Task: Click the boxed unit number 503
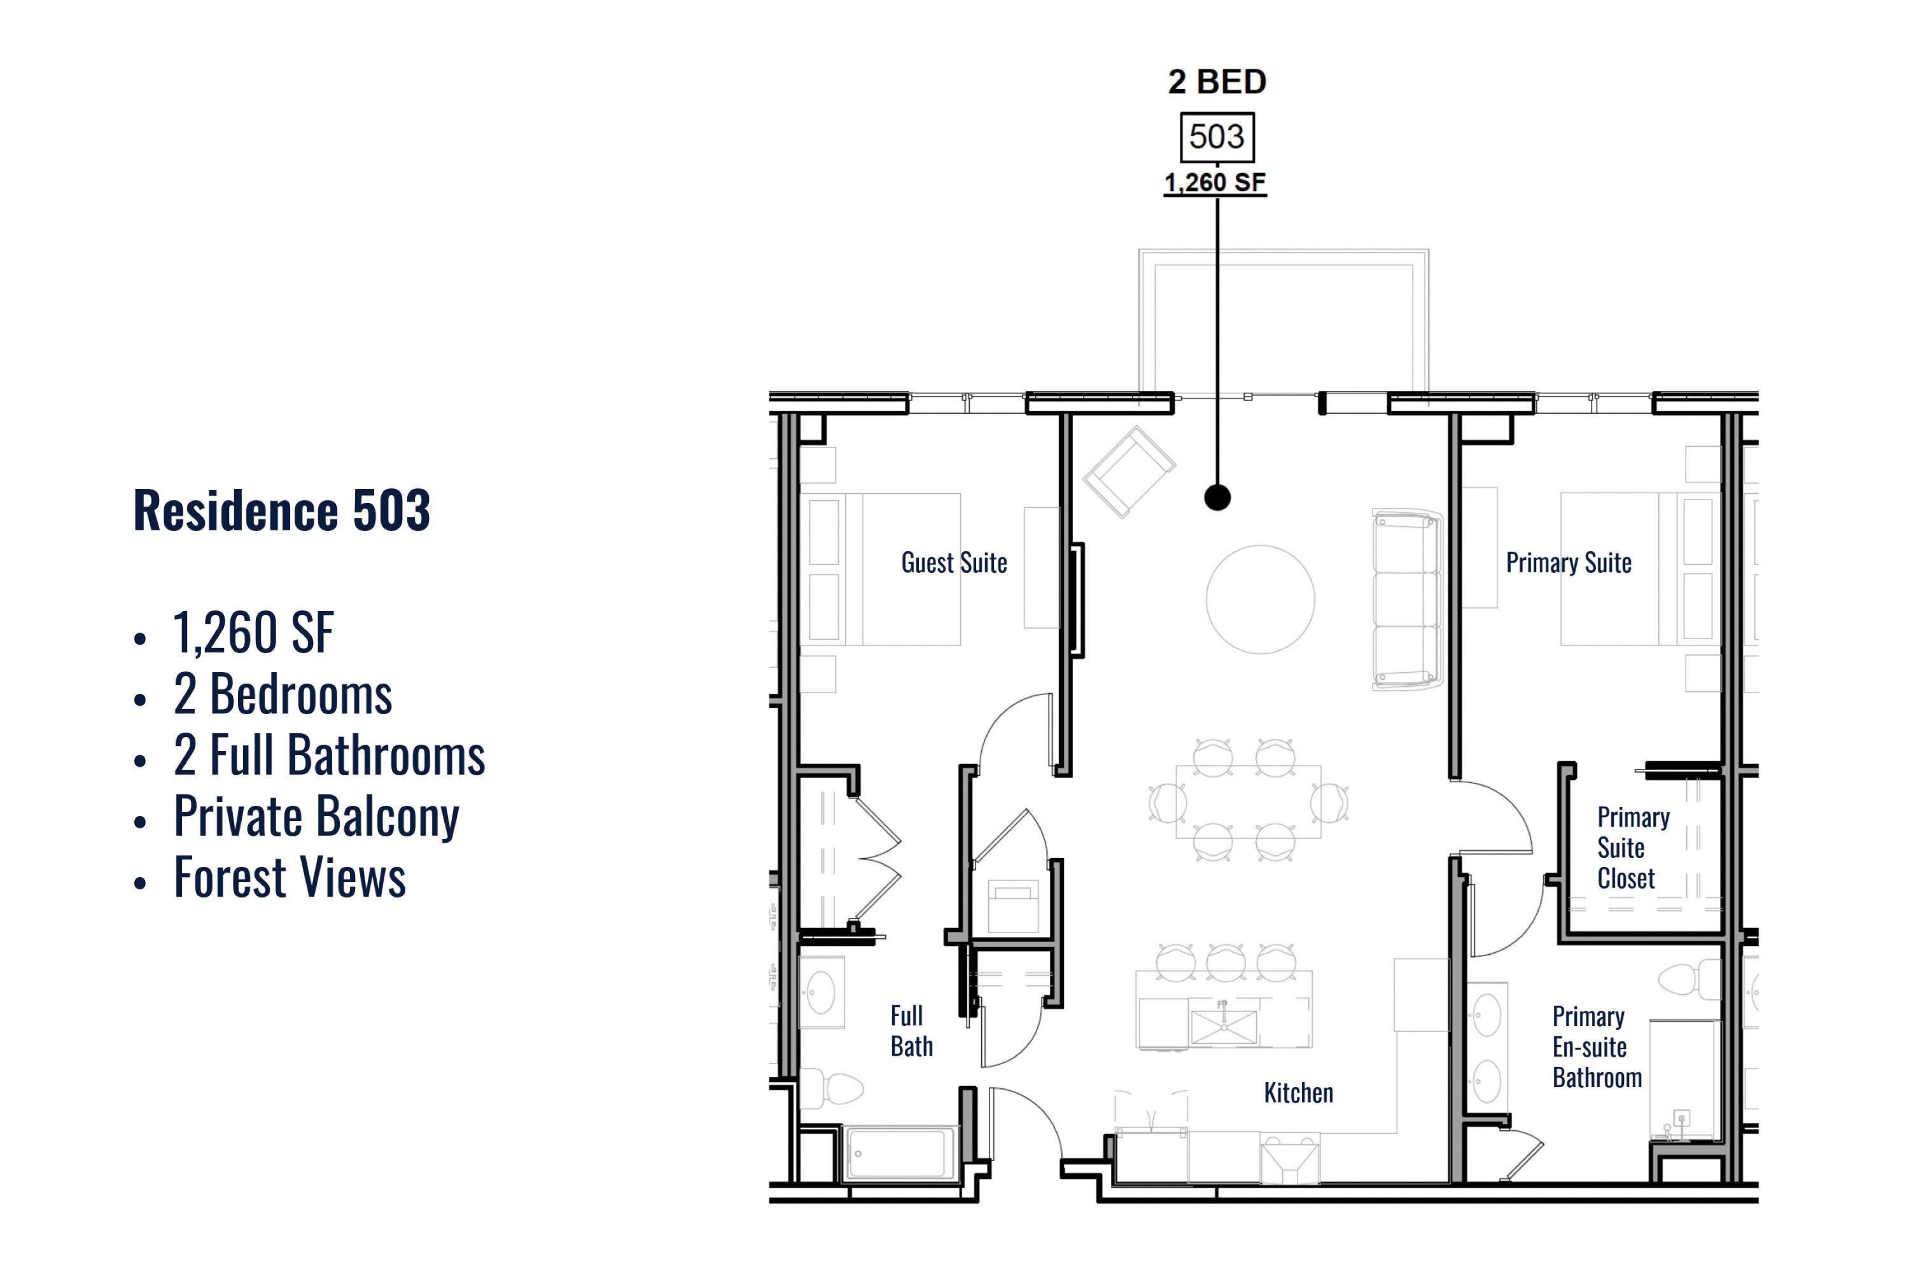(x=1216, y=136)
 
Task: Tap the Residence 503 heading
(x=282, y=510)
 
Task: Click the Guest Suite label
(x=954, y=563)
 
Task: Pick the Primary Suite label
(x=1568, y=563)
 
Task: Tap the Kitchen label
(x=1298, y=1093)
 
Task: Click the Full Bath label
(x=911, y=1031)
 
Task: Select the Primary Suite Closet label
(x=1633, y=848)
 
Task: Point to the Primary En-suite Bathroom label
(x=1597, y=1047)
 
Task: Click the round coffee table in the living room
(x=1260, y=599)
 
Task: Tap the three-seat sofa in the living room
(x=1406, y=599)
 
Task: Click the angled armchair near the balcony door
(x=1128, y=472)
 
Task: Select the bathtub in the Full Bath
(x=901, y=1153)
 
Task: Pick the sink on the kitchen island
(x=1223, y=1025)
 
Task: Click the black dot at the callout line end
(x=1217, y=497)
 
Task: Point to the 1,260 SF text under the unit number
(x=1215, y=183)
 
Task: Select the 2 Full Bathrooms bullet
(x=329, y=755)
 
